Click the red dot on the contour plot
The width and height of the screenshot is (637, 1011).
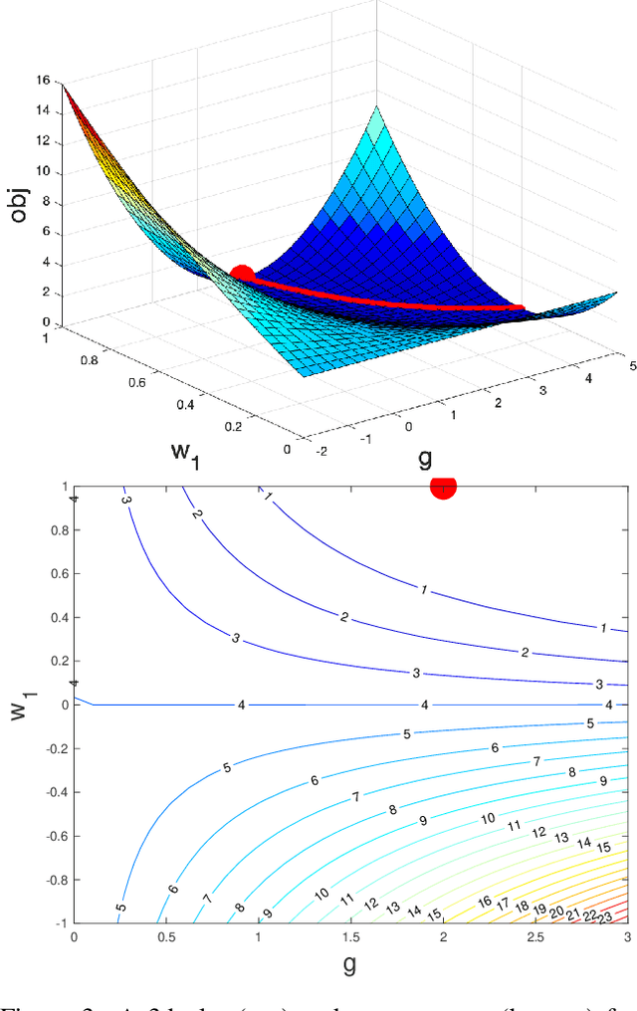(x=443, y=486)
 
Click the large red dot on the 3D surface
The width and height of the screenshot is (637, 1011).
(x=241, y=274)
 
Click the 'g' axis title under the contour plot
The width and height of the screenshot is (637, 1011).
(x=350, y=963)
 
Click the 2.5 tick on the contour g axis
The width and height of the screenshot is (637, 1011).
(x=535, y=938)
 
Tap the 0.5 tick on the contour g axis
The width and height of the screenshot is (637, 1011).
(x=166, y=938)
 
